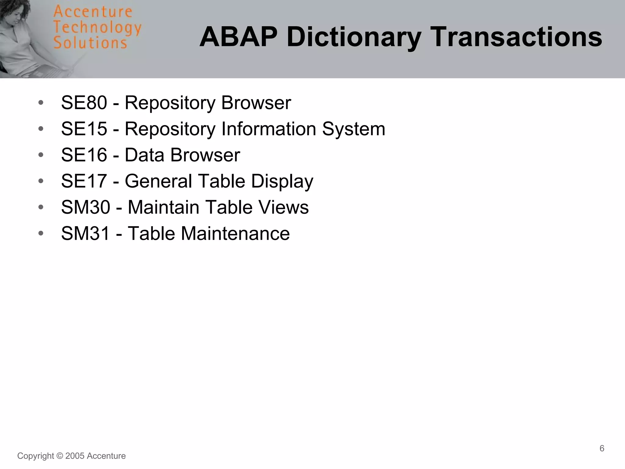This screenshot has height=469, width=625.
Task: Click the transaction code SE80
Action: tap(84, 103)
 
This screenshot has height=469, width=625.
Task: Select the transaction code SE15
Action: tap(84, 129)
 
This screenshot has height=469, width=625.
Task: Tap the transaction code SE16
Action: tap(84, 155)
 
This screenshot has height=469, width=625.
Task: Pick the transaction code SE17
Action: tap(84, 181)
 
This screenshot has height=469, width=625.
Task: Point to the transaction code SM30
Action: tap(85, 207)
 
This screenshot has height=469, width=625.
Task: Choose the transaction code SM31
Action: tap(85, 234)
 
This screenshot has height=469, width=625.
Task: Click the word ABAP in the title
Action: tap(238, 37)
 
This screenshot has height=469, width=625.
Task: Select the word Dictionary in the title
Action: tap(354, 37)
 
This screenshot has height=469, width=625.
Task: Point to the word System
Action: tap(354, 129)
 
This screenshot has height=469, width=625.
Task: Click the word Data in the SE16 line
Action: tap(145, 155)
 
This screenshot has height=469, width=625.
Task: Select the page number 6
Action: tap(602, 448)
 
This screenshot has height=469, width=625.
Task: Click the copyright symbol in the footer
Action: tap(60, 456)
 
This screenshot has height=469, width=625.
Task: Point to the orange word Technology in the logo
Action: tap(97, 28)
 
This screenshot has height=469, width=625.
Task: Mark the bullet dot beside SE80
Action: tap(41, 103)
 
